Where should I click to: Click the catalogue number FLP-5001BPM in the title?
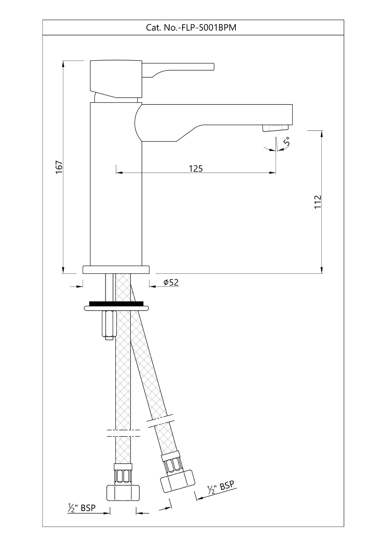pos(207,28)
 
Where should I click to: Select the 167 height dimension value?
pos(59,167)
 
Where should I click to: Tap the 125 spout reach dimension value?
pos(196,169)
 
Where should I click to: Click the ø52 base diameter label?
pos(171,282)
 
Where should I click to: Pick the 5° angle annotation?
pos(287,141)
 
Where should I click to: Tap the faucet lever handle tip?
pos(212,66)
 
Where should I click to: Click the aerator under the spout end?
pos(276,128)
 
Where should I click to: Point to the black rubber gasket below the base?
pos(116,303)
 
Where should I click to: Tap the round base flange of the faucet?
pos(116,270)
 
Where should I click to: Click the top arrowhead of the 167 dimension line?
pos(63,63)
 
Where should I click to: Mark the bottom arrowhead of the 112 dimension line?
pos(322,271)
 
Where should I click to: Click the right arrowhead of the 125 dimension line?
pos(273,173)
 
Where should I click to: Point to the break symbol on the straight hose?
pos(124,433)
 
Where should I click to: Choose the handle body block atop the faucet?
pos(116,78)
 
